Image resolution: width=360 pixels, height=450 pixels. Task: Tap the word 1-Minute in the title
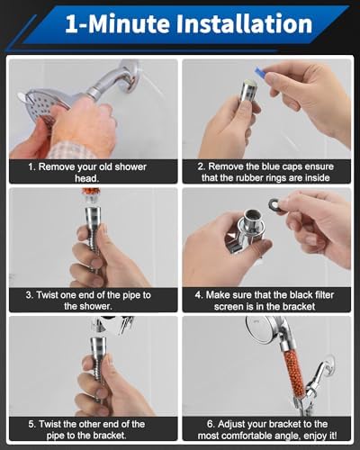coord(117,23)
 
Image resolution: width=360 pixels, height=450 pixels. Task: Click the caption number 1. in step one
coord(31,166)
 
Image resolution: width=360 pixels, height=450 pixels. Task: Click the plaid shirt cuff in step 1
coord(74,150)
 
